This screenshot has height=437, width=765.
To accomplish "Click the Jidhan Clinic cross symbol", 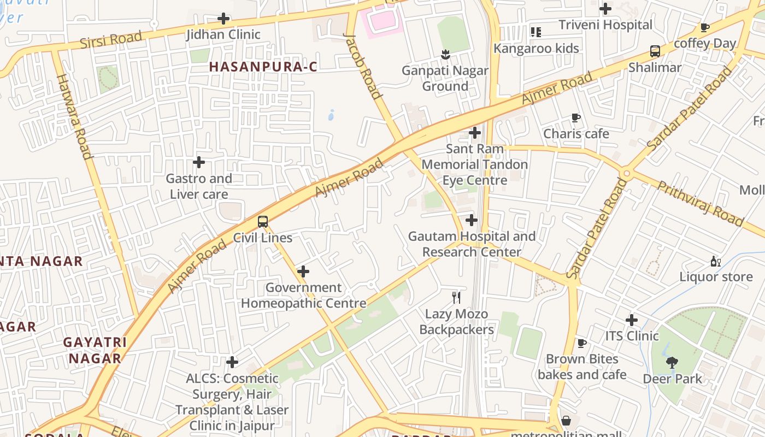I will point(223,19).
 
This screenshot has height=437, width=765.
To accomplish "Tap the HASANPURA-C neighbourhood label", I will point(263,67).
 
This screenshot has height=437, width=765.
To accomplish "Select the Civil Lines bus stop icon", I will point(263,222).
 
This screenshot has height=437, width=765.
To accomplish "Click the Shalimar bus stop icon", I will point(655,52).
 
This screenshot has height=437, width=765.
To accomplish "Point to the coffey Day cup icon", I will point(705,27).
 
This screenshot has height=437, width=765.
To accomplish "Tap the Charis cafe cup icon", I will point(575,117).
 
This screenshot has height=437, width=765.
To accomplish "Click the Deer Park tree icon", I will point(672,362).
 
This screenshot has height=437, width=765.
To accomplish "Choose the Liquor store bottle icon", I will point(715,261).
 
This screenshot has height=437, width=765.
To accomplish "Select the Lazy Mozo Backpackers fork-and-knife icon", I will point(457,298).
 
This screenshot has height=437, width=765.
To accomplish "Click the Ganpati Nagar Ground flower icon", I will point(445,54).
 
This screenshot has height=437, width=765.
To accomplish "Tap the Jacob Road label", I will point(362,66).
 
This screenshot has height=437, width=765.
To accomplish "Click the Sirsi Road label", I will point(111,40).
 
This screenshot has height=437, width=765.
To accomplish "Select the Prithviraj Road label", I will point(700,204).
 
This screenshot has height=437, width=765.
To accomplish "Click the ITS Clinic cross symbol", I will point(632,320).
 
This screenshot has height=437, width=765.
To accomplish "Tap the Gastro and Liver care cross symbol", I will point(199,162).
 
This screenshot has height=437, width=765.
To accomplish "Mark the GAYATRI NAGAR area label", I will point(95,350).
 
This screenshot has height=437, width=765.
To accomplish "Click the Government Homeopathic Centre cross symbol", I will point(303,271).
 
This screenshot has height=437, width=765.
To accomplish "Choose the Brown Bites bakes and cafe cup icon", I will point(582,343).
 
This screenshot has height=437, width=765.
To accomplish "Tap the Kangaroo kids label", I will point(535,48).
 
